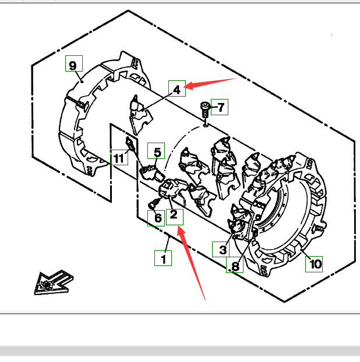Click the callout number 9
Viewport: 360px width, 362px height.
pos(73,65)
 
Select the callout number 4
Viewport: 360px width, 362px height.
pos(177,88)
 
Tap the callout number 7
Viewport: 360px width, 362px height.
pos(220,107)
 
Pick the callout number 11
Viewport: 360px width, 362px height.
pos(119,158)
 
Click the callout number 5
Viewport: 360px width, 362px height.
pos(158,152)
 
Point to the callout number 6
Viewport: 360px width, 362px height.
pos(157,218)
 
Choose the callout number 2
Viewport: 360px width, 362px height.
pos(174,216)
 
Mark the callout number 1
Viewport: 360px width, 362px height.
pos(164,258)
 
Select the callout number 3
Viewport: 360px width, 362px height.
pos(222,250)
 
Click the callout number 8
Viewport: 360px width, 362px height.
pos(235,267)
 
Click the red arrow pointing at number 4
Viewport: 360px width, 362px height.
pos(210,83)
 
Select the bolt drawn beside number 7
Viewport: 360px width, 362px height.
pos(206,111)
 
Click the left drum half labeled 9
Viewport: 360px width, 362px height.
pos(87,116)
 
